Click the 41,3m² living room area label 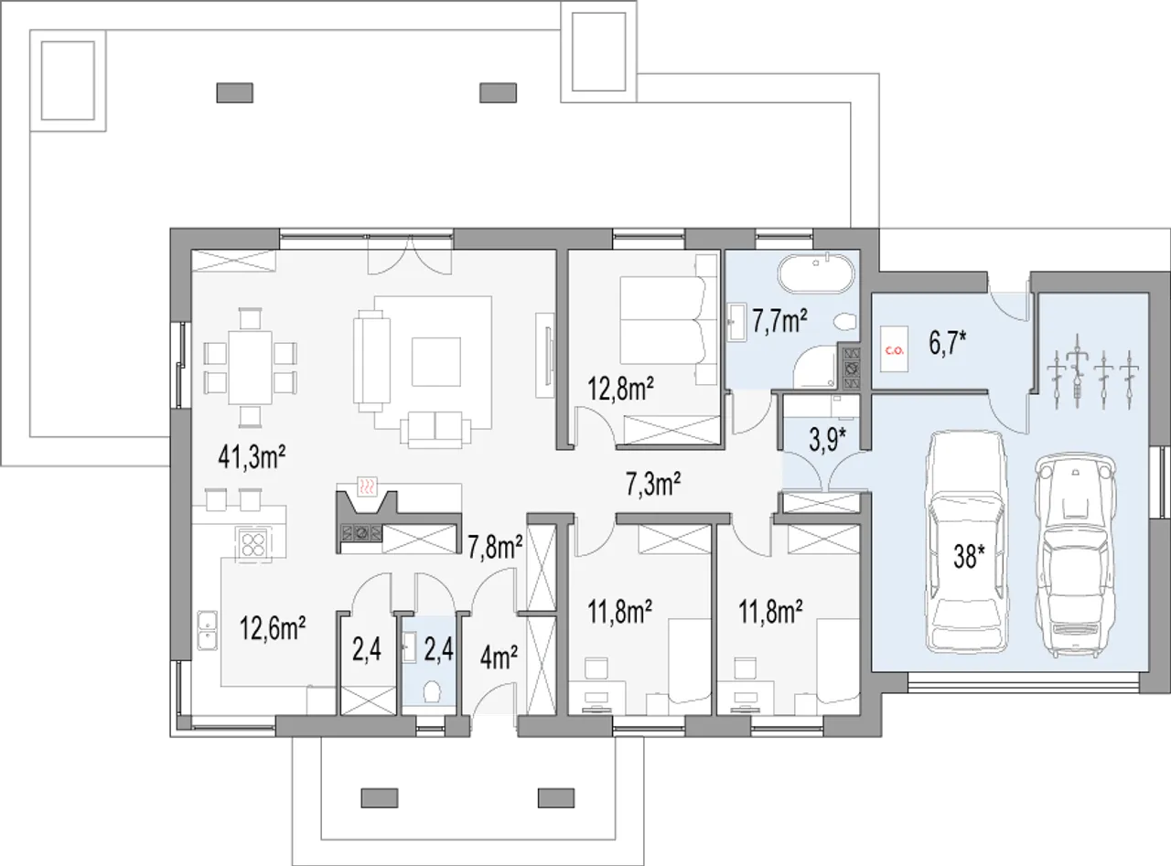[252, 457]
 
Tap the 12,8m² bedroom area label [621, 390]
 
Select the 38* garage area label [970, 556]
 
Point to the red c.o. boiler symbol [895, 349]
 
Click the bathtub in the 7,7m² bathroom [814, 274]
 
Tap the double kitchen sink [207, 630]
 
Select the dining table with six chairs [251, 368]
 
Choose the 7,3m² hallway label [653, 484]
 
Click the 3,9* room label [828, 440]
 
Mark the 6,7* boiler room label [948, 344]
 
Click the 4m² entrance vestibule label [499, 658]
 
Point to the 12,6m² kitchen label [273, 628]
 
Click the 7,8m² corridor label [495, 547]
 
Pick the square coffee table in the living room [436, 362]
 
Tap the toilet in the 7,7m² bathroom [846, 322]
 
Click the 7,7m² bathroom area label [779, 322]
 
